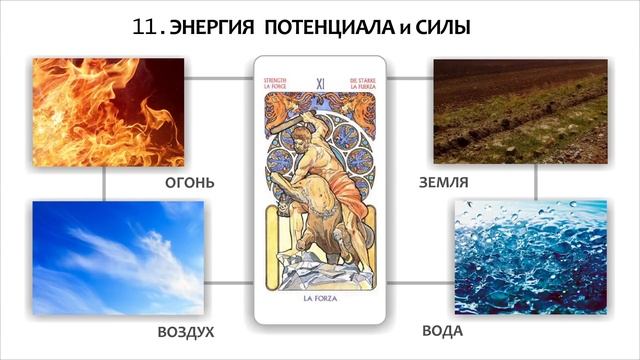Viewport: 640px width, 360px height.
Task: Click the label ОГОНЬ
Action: pos(190,184)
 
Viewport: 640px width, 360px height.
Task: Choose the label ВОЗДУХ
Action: pos(186,331)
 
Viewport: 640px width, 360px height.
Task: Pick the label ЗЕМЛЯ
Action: pos(444,183)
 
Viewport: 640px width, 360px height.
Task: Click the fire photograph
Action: pos(108,111)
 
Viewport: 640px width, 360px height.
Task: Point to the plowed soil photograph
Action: pos(519,111)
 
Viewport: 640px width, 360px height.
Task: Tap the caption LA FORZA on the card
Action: pos(320,297)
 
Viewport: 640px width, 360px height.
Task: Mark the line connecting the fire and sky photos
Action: pos(104,183)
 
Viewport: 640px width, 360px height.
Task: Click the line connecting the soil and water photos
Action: pos(536,181)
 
